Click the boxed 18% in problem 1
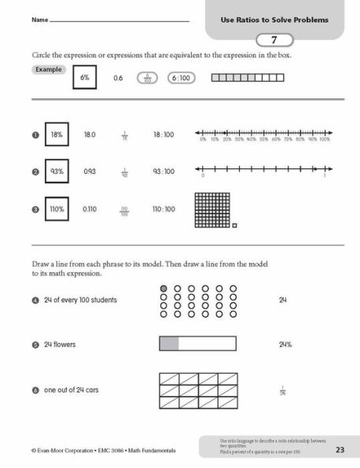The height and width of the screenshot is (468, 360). tap(57, 135)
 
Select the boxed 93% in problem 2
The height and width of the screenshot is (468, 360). tap(57, 171)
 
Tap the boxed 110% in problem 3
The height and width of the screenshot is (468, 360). tap(57, 208)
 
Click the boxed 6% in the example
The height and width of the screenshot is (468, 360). tap(84, 78)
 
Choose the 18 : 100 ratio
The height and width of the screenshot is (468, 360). tap(164, 135)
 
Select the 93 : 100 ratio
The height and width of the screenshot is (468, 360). tap(164, 171)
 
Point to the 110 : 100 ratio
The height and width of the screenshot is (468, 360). tap(164, 208)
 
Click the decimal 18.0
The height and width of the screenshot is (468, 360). tap(90, 135)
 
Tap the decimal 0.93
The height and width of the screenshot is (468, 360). tap(90, 171)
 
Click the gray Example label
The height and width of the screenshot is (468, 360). tap(48, 70)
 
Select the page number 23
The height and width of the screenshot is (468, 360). tap(340, 450)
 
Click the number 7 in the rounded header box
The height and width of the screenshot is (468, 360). tap(274, 39)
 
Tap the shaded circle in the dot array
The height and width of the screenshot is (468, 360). tap(163, 289)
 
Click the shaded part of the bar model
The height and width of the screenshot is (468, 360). tap(169, 343)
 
